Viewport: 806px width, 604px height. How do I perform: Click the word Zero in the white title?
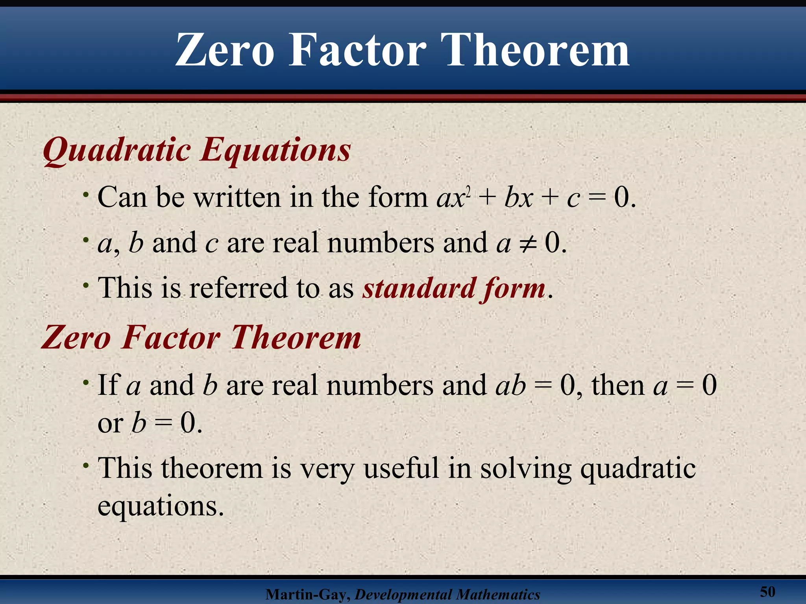(224, 50)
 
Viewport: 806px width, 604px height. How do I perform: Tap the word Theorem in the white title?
(537, 50)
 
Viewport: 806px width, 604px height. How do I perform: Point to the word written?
(238, 197)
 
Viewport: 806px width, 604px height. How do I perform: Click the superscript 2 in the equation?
(468, 191)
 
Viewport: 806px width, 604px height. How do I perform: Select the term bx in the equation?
(519, 198)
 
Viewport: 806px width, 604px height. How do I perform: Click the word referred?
(238, 288)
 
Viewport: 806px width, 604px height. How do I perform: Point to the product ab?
(510, 386)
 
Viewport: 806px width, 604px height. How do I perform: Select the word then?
(617, 385)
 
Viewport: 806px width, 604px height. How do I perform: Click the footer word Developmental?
(401, 595)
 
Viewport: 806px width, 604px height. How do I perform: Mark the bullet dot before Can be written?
(85, 195)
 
